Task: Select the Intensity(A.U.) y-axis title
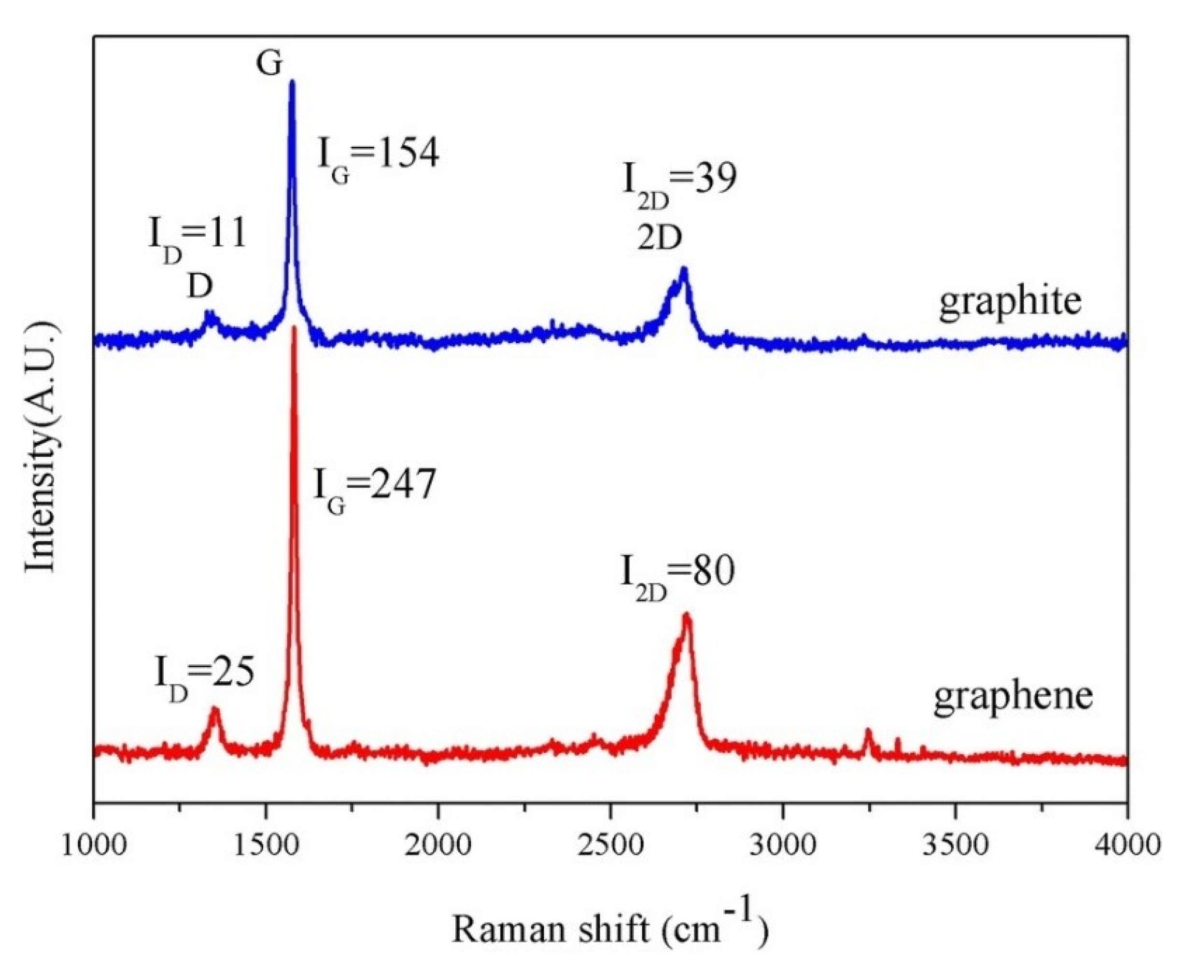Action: tap(42, 446)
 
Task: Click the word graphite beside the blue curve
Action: tap(1010, 303)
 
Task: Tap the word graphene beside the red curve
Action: tap(1013, 698)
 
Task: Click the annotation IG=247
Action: tap(374, 486)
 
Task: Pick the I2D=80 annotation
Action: tap(678, 575)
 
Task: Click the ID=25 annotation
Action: tap(204, 674)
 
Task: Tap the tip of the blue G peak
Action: tap(292, 83)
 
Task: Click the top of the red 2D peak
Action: tap(687, 616)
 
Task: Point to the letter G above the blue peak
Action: tap(269, 64)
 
